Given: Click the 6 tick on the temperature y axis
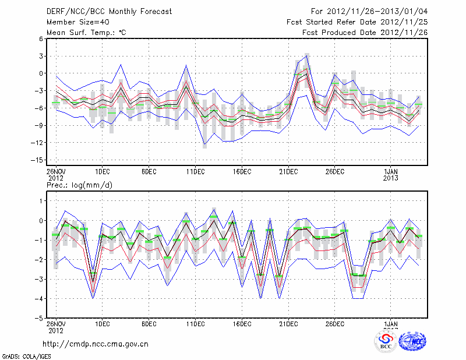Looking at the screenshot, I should coord(41,38).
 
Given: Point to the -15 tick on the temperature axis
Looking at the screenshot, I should coord(38,160).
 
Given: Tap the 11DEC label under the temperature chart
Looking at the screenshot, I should coord(195,171).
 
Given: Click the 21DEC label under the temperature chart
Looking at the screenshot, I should coord(288,171).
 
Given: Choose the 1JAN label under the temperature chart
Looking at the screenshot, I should coord(390,171).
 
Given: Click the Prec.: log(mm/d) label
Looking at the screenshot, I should coord(79,185).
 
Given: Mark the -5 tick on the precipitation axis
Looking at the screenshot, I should coord(40,319).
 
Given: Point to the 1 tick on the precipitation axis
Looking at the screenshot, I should coord(41,201).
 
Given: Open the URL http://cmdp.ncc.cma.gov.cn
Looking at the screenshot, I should coord(95,344).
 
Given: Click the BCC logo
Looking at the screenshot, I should coord(386,343).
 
